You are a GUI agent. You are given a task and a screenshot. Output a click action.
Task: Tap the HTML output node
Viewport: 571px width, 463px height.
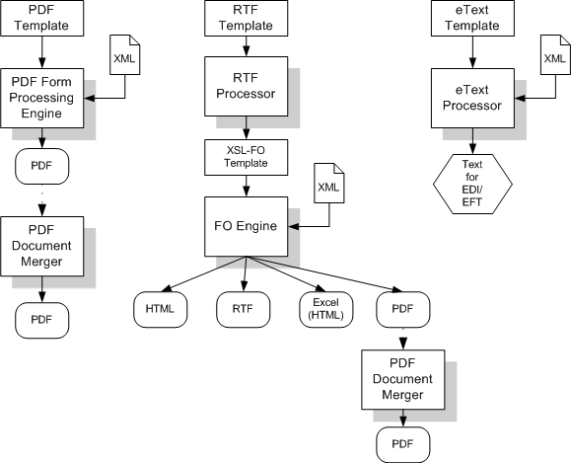click(x=159, y=309)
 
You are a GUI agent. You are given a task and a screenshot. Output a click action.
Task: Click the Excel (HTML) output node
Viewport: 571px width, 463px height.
click(x=323, y=309)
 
